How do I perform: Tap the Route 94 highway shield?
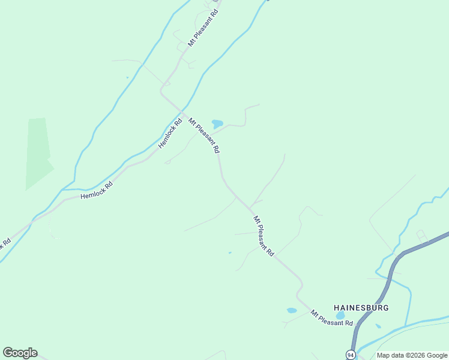(351, 355)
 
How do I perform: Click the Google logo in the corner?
(20, 353)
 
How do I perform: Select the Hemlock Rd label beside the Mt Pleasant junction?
(170, 135)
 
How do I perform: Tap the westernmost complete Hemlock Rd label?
(97, 191)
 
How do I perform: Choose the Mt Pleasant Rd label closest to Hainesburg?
(331, 318)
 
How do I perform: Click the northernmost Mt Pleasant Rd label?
(203, 28)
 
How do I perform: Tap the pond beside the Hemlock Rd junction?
(217, 124)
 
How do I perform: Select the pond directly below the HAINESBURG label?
(341, 316)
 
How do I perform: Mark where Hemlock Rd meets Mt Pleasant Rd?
(181, 112)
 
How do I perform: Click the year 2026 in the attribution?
(411, 355)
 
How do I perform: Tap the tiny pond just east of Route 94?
(378, 326)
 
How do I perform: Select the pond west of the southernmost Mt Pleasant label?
(292, 310)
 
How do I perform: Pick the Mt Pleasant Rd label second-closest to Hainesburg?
(264, 236)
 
